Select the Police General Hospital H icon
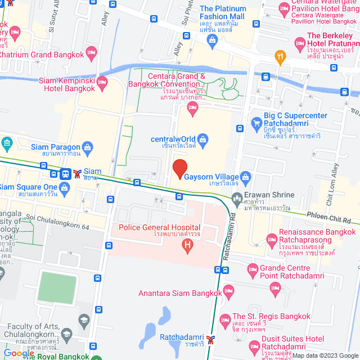[x=188, y=245]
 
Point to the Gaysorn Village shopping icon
[x=245, y=177]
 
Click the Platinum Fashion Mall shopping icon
[x=211, y=39]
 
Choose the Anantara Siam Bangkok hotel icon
[x=228, y=291]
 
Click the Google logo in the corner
[x=17, y=353]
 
